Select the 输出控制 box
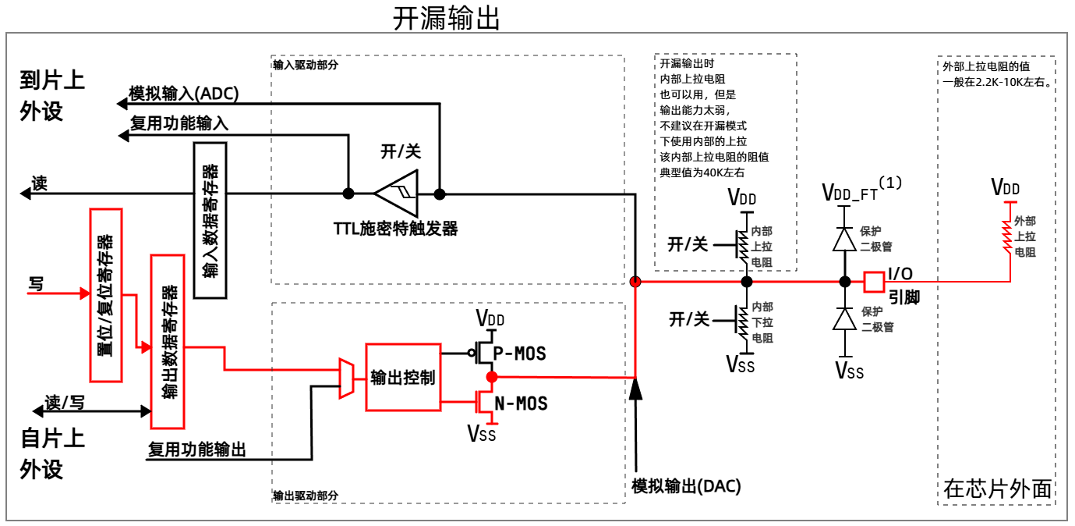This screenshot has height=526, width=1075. point(402,377)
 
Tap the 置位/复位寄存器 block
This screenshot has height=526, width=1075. point(107,294)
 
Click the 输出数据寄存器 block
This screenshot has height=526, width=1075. point(168,341)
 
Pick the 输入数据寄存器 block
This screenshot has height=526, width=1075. point(209,219)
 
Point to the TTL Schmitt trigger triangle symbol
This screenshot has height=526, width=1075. point(397,193)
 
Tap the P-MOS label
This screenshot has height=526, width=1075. point(520,354)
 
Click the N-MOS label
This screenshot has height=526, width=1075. point(521,403)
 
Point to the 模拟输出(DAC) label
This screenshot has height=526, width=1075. point(686,486)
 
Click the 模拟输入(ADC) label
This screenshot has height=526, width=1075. point(184,94)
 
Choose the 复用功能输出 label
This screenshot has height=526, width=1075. point(196,450)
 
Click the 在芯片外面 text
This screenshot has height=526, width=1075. point(996,489)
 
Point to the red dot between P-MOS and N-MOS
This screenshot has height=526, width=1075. point(491,377)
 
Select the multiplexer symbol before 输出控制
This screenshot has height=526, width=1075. point(346,379)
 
